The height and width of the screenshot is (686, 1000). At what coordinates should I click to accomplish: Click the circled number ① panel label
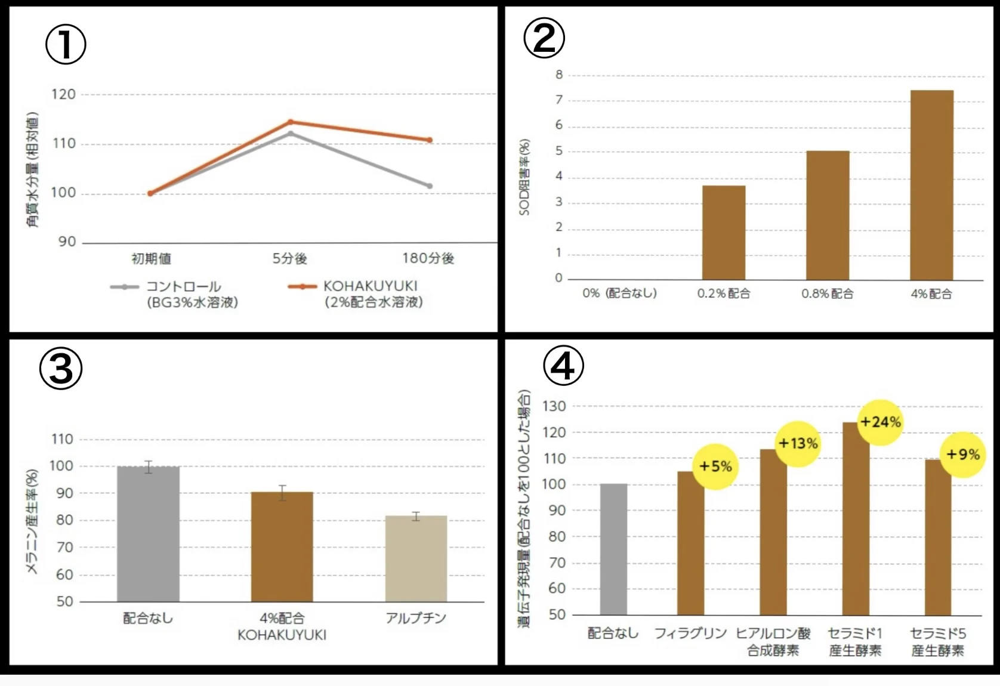pyautogui.click(x=66, y=45)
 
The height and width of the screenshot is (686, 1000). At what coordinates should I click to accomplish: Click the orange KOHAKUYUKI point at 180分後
pyautogui.click(x=429, y=140)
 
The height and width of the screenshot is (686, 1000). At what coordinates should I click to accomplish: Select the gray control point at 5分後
pyautogui.click(x=291, y=133)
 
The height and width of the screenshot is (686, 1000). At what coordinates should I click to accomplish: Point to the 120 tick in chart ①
pyautogui.click(x=63, y=94)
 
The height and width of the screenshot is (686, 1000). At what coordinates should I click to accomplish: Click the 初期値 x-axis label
pyautogui.click(x=151, y=258)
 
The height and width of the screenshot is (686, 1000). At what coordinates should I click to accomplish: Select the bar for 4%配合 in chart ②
pyautogui.click(x=931, y=185)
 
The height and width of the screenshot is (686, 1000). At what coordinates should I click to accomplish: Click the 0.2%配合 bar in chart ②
pyautogui.click(x=723, y=233)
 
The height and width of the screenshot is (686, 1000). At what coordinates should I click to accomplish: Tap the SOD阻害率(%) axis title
pyautogui.click(x=524, y=177)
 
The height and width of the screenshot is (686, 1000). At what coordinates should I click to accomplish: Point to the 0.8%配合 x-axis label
pyautogui.click(x=828, y=293)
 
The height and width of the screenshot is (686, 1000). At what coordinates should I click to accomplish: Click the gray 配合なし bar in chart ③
pyautogui.click(x=148, y=534)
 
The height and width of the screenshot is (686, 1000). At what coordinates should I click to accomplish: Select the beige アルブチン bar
pyautogui.click(x=416, y=558)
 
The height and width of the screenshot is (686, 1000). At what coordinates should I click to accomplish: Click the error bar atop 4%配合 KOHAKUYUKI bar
pyautogui.click(x=282, y=493)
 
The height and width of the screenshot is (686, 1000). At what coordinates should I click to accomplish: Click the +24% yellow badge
pyautogui.click(x=880, y=422)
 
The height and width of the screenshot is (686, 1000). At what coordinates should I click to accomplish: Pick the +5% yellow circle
pyautogui.click(x=715, y=466)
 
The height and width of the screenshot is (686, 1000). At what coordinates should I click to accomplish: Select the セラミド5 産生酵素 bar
pyautogui.click(x=937, y=537)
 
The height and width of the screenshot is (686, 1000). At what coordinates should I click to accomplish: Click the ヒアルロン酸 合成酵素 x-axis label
pyautogui.click(x=773, y=642)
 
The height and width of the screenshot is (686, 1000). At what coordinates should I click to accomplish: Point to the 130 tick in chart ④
pyautogui.click(x=554, y=406)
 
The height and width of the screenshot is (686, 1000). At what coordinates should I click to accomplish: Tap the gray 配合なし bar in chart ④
pyautogui.click(x=613, y=549)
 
